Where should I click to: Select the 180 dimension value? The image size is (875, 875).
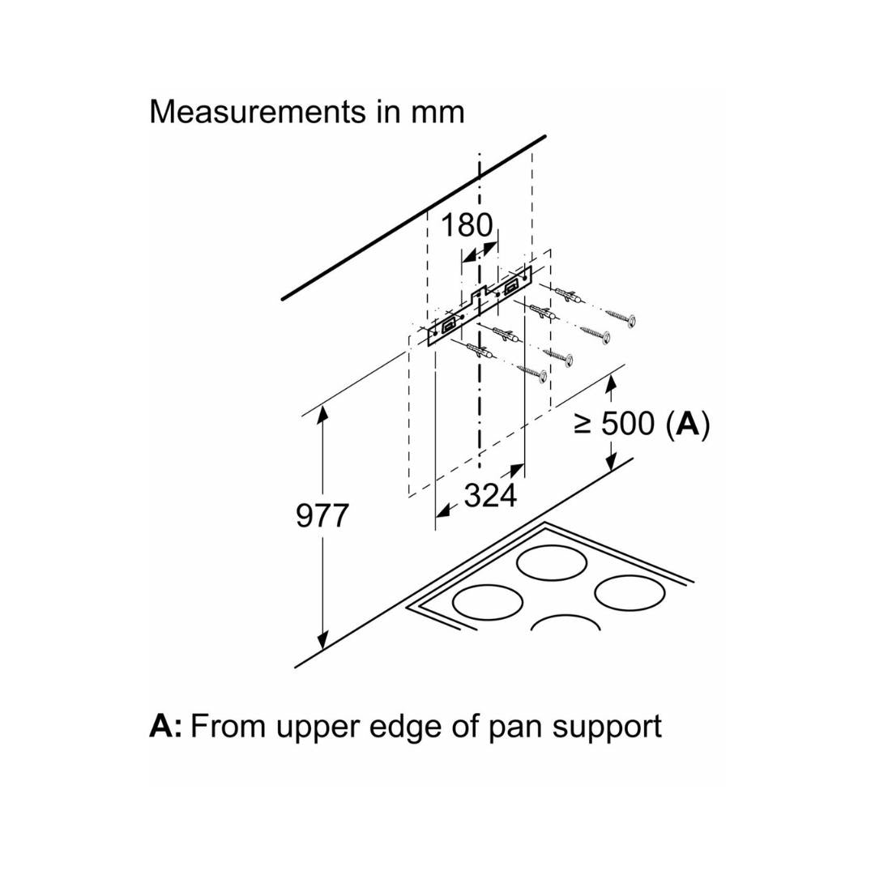coord(466,225)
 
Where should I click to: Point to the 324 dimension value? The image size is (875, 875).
coord(490,495)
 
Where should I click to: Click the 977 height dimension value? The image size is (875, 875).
coord(322,515)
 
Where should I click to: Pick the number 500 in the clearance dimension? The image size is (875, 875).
coord(628,424)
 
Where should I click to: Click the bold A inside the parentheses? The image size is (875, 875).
coord(687,424)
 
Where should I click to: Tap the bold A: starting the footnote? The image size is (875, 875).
coord(165,726)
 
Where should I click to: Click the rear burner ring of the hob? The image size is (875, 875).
coord(552,563)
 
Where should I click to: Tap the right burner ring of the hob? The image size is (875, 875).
coord(630,592)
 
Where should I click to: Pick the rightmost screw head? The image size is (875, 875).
coord(630,322)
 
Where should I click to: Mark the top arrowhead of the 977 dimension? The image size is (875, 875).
coord(323,413)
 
